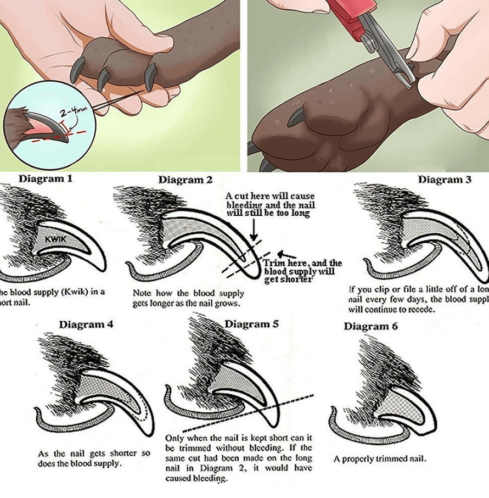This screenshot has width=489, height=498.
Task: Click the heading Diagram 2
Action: click(185, 180)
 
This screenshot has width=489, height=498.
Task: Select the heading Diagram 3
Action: click(444, 180)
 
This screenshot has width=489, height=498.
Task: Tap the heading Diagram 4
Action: click(86, 324)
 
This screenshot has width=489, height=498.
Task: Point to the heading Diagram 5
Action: click(251, 324)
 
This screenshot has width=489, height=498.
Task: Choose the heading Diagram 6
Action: click(372, 326)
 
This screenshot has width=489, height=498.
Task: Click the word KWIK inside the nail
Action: click(56, 239)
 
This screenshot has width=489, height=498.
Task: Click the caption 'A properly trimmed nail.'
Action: click(379, 458)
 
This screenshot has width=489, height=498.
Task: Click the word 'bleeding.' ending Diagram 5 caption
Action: click(196, 478)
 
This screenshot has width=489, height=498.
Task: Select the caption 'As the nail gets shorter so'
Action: click(94, 454)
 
